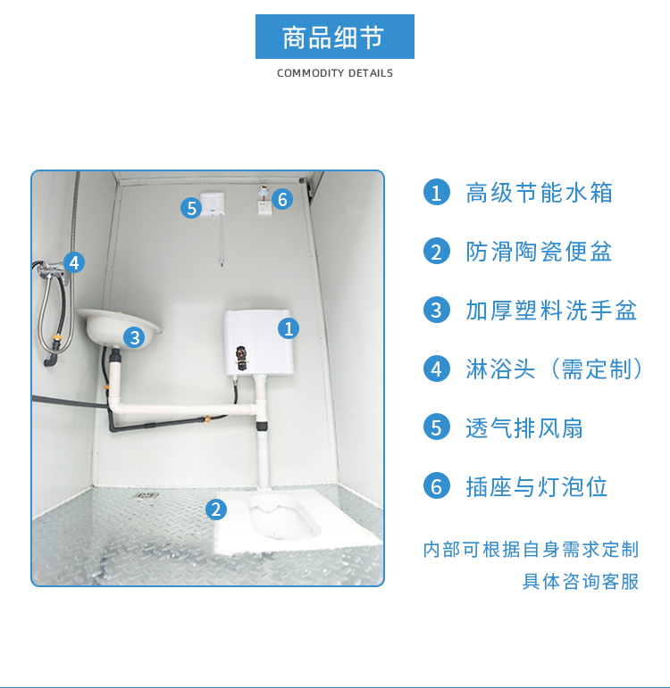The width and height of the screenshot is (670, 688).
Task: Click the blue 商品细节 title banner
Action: (x=335, y=37)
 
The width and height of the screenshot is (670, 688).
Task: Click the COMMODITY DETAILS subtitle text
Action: (x=335, y=73)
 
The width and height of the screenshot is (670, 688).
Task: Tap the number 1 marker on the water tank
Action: (x=289, y=328)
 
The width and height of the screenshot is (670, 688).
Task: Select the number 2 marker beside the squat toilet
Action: (x=216, y=510)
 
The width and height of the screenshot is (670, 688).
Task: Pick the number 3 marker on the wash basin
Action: (x=134, y=337)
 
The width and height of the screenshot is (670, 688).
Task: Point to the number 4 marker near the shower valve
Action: (x=74, y=262)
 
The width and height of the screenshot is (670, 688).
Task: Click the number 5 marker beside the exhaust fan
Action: (x=191, y=208)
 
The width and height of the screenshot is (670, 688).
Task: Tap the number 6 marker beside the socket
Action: (x=282, y=199)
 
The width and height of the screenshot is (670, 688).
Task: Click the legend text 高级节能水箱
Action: (x=539, y=193)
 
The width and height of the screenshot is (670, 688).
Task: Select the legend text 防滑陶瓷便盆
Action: (x=539, y=252)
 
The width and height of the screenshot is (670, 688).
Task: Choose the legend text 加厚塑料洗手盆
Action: (x=551, y=311)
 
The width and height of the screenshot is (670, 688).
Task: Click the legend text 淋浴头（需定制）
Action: (x=555, y=369)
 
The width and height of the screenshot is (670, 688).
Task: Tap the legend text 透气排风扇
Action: (x=524, y=427)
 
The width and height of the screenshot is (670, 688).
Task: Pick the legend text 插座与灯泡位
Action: (x=537, y=486)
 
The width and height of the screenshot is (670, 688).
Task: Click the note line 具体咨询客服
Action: (x=581, y=582)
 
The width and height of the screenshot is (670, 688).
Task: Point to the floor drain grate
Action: (x=147, y=496)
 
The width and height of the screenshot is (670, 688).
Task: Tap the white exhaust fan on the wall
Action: (x=213, y=204)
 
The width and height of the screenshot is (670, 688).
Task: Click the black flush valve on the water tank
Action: (x=241, y=358)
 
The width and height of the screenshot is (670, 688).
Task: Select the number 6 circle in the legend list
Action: (x=437, y=485)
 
